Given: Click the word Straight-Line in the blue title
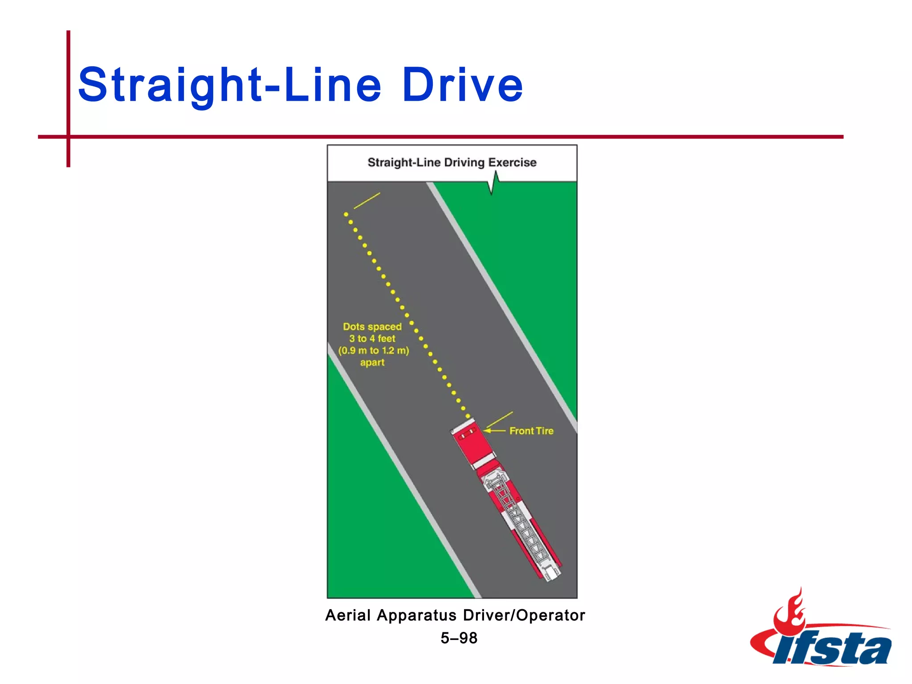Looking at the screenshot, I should (x=230, y=85).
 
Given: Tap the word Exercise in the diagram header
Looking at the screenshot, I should (x=512, y=163).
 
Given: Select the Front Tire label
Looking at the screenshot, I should (x=531, y=431).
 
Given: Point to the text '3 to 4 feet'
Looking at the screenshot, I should (x=372, y=338).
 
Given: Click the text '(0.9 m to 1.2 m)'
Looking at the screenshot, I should (x=373, y=350).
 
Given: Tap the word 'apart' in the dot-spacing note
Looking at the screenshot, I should (x=372, y=362).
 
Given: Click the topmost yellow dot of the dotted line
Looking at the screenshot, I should (x=346, y=214).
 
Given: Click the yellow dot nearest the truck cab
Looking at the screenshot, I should (x=468, y=416).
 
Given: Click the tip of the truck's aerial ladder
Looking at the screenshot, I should (x=551, y=574).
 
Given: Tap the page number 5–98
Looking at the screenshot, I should (x=459, y=638).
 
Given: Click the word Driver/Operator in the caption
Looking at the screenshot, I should (x=524, y=615).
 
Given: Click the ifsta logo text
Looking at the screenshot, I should (x=833, y=648).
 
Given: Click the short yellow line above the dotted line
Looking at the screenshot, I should (x=367, y=201).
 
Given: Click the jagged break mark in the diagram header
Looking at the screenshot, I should (x=493, y=183).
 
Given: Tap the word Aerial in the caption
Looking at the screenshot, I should (x=348, y=615).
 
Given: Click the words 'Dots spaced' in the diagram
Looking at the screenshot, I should (x=372, y=326).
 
